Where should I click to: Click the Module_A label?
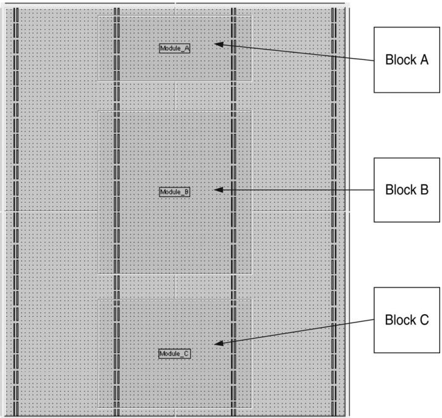[x=174, y=48]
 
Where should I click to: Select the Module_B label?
[x=174, y=192]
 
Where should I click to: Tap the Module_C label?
[x=174, y=353]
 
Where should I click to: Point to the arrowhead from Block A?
[x=219, y=45]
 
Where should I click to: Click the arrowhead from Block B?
[x=219, y=190]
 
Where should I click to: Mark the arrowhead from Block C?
[x=219, y=343]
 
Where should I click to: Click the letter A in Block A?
[x=424, y=60]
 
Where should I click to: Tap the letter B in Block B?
[x=424, y=189]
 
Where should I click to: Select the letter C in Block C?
[x=424, y=320]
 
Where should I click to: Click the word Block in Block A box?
[x=401, y=60]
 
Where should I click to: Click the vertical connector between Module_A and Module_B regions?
[x=175, y=96]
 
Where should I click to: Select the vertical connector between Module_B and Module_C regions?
[x=175, y=287]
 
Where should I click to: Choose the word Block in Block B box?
[x=401, y=189]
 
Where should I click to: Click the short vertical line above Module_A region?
[x=175, y=9]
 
